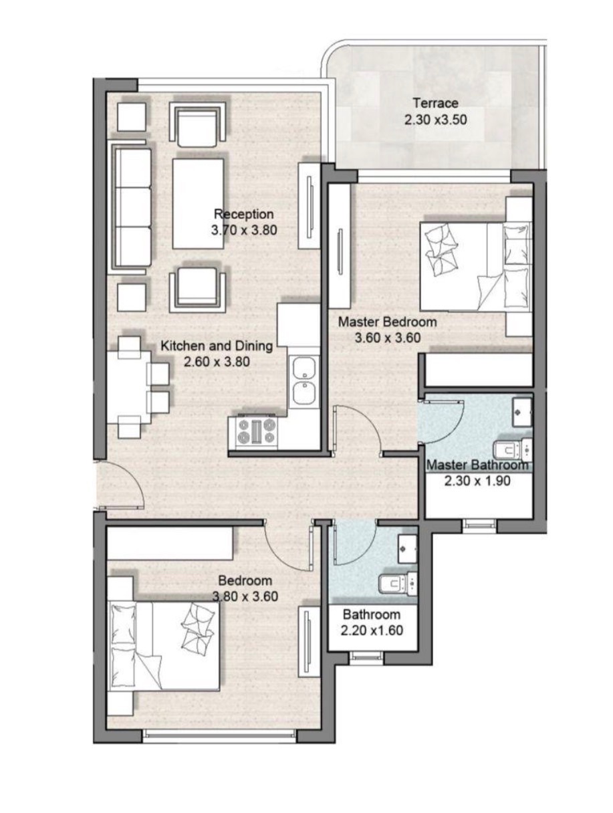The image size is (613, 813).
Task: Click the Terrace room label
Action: (435, 103)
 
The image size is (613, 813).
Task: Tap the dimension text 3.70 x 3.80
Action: (244, 230)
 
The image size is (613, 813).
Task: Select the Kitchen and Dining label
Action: (217, 346)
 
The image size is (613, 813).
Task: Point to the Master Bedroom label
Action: (387, 322)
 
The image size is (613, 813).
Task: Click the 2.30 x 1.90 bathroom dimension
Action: (477, 481)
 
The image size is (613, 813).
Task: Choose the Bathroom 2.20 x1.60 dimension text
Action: (372, 630)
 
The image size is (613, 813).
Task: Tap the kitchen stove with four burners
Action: (256, 433)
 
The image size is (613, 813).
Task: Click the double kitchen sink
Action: (304, 382)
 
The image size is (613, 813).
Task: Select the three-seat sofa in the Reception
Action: (132, 207)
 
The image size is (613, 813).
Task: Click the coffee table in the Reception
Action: (199, 204)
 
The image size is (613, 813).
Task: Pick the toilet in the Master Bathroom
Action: (513, 451)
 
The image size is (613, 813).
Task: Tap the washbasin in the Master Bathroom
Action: (522, 411)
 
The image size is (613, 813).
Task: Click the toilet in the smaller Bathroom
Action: (398, 584)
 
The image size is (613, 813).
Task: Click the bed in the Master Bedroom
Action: (476, 267)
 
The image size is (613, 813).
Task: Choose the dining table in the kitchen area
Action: (129, 387)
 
